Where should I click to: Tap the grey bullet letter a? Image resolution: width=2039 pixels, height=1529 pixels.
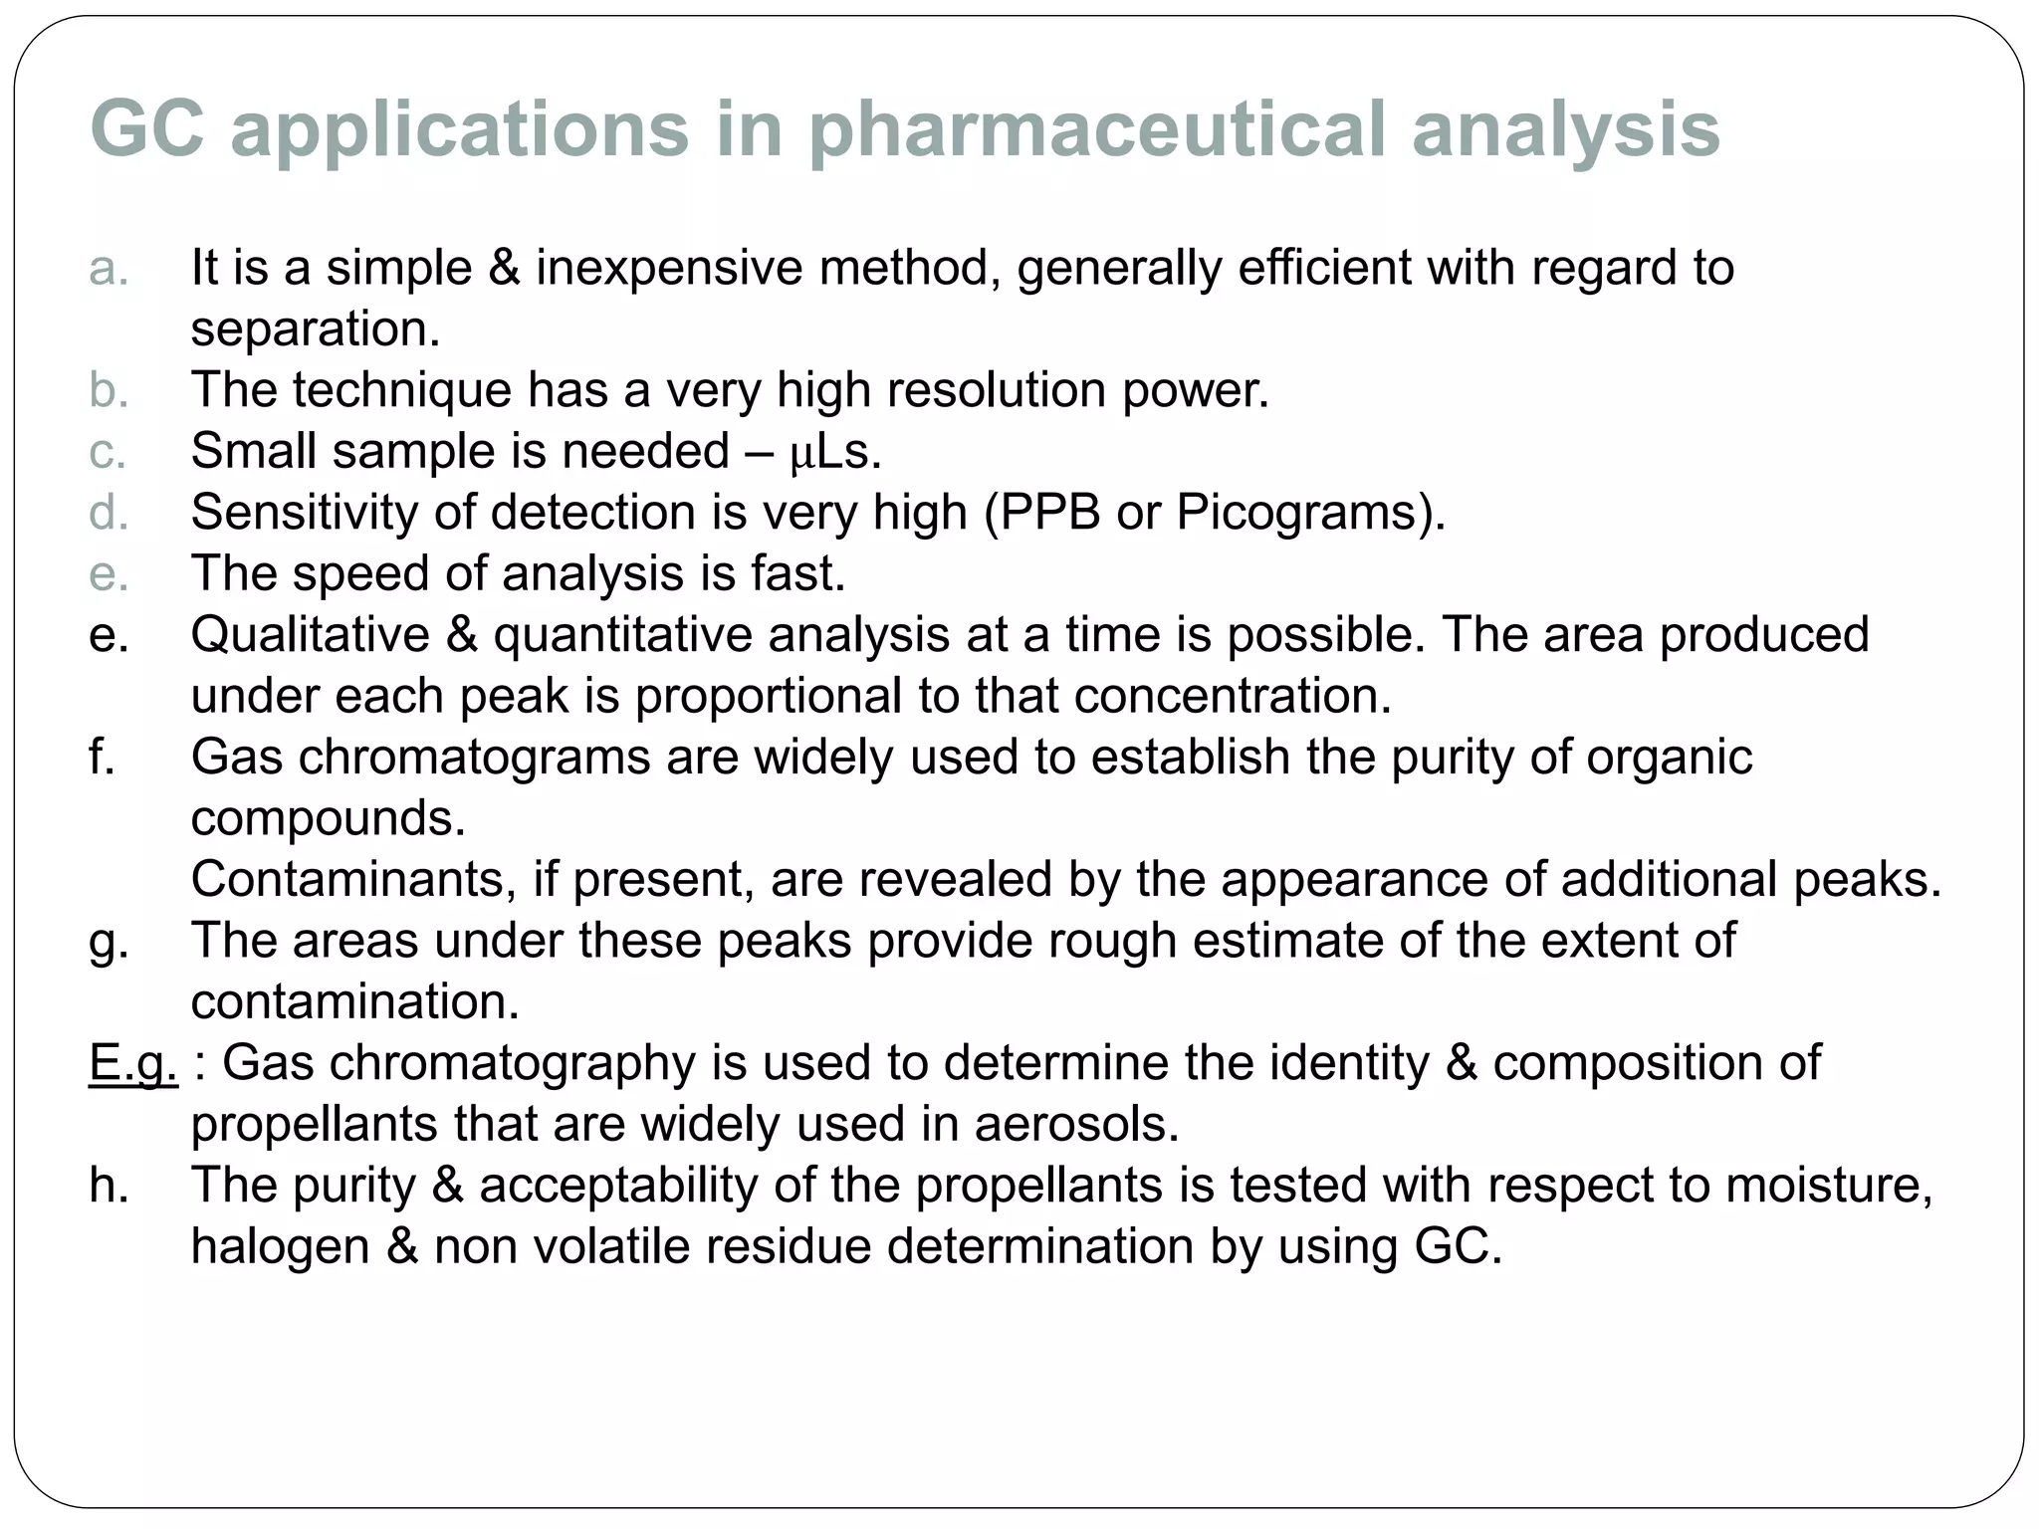pyautogui.click(x=109, y=269)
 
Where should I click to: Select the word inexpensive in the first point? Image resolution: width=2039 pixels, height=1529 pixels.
pyautogui.click(x=668, y=269)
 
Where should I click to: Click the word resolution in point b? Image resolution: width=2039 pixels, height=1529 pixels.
pyautogui.click(x=996, y=389)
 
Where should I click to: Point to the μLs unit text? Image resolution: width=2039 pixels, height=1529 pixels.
pyautogui.click(x=835, y=452)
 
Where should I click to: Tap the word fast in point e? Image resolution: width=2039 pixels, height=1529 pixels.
pyautogui.click(x=797, y=574)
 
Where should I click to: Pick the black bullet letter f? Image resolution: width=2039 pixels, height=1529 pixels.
pyautogui.click(x=103, y=757)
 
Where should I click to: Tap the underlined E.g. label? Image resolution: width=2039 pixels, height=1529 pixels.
pyautogui.click(x=132, y=1063)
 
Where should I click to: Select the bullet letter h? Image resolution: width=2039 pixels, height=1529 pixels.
pyautogui.click(x=109, y=1186)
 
